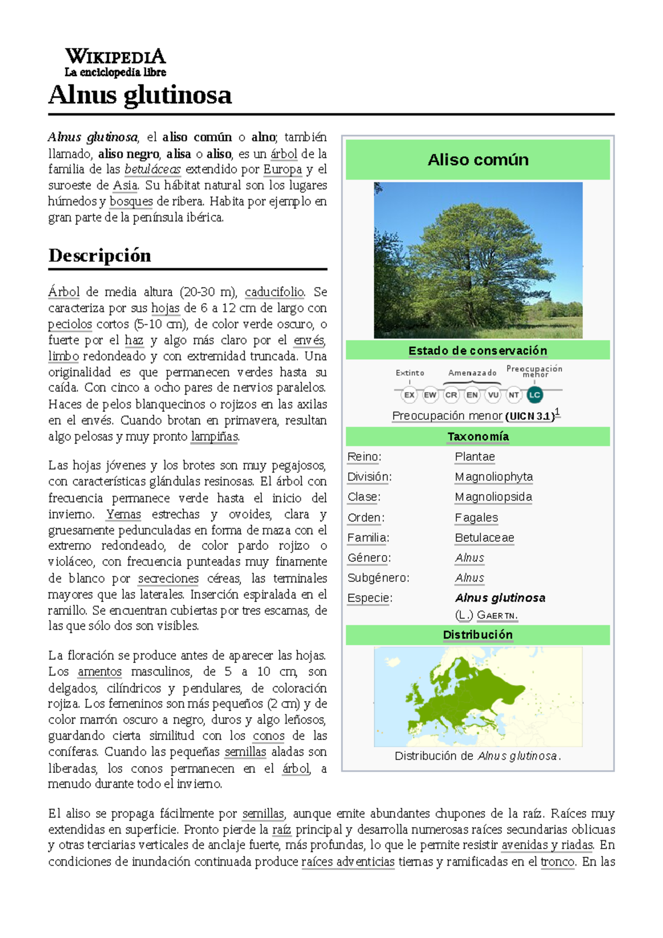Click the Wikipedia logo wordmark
[115, 57]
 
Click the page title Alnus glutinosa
[140, 94]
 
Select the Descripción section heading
[99, 255]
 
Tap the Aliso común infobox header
[478, 160]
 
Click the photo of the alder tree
[478, 260]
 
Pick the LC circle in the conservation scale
[534, 394]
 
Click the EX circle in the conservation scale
[409, 394]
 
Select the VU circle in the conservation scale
[493, 394]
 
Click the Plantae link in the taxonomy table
[475, 457]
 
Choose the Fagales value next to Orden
[476, 518]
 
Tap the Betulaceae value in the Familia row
[485, 537]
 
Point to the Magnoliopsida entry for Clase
[493, 497]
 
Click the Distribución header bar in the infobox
[478, 635]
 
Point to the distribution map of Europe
[478, 697]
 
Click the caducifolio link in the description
[275, 292]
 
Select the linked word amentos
[99, 672]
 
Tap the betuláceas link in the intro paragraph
[152, 169]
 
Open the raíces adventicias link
[348, 862]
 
